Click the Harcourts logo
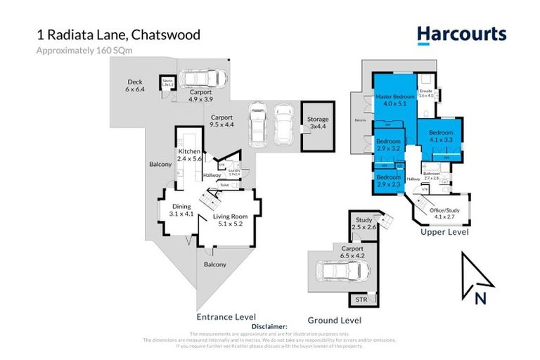click(x=461, y=34)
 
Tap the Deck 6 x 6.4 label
click(x=134, y=85)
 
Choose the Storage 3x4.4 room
click(x=318, y=124)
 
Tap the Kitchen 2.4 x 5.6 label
click(x=189, y=155)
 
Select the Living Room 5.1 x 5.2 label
click(x=230, y=221)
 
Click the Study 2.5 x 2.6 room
click(x=364, y=224)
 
